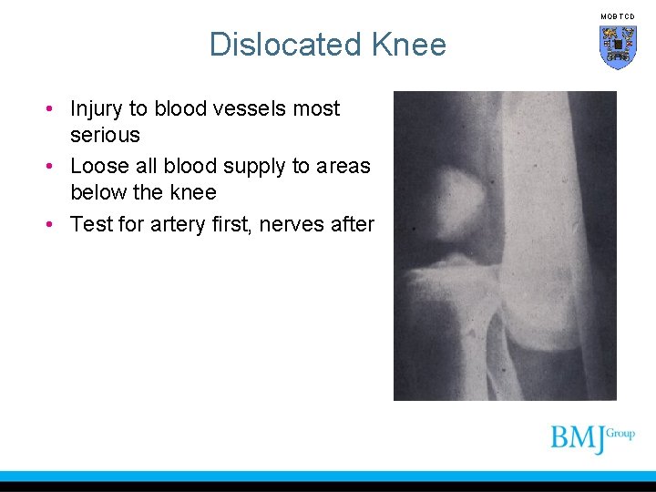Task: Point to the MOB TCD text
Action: tap(617, 16)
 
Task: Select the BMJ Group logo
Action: tap(591, 437)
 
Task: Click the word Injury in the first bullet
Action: tap(97, 109)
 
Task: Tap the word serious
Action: tap(105, 136)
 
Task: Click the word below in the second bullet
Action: tap(98, 192)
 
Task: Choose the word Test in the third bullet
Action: tap(90, 224)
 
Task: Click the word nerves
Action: tap(296, 224)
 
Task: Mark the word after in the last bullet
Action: tap(354, 224)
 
